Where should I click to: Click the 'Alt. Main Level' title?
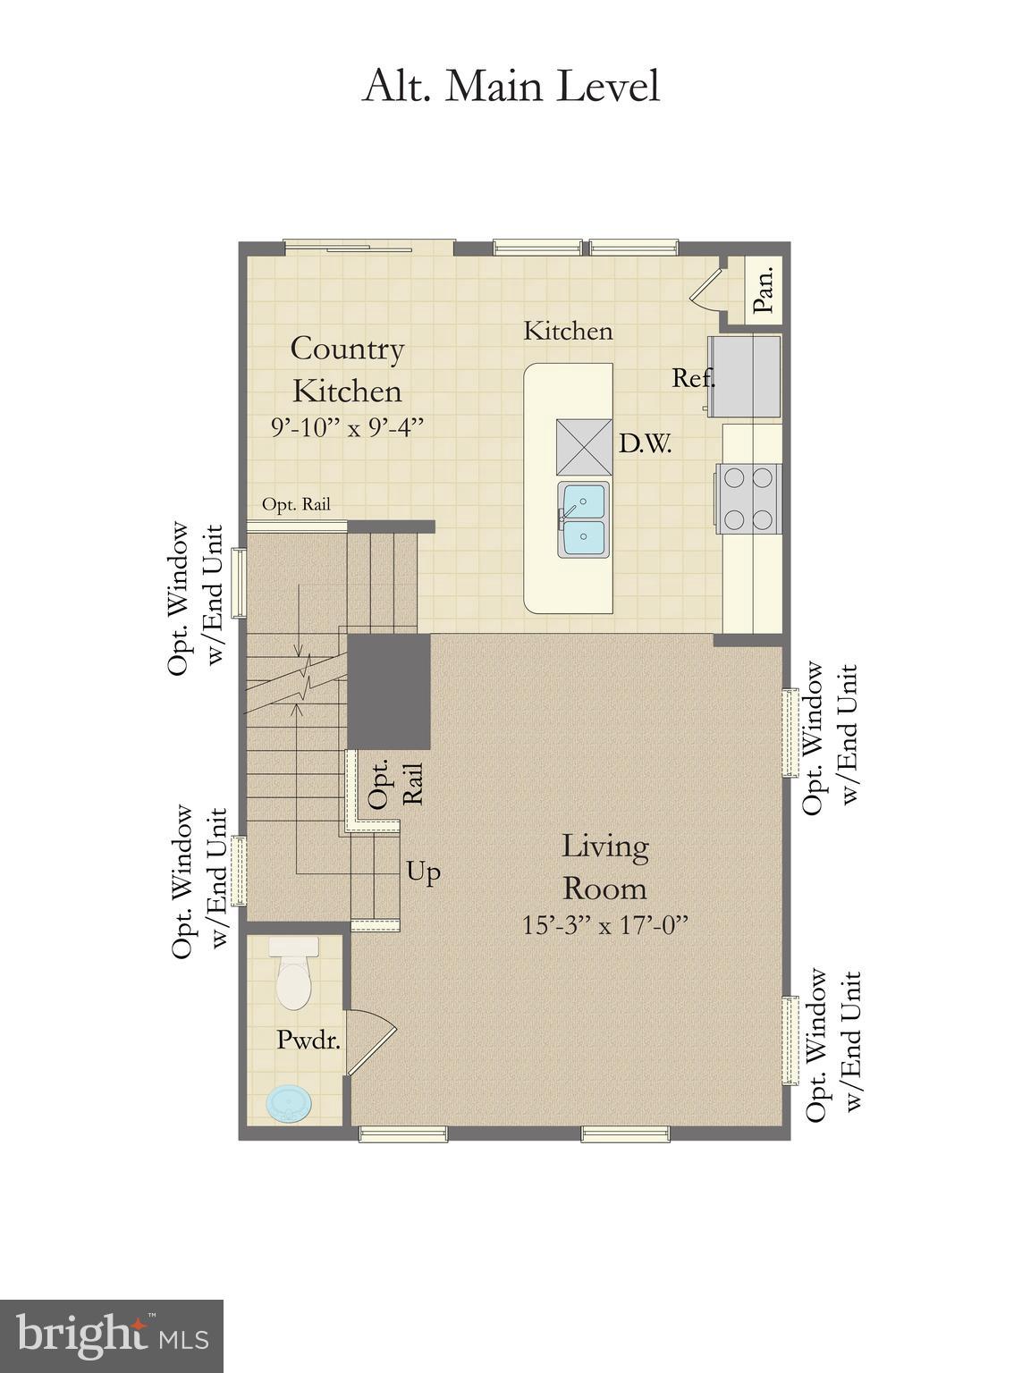(x=511, y=87)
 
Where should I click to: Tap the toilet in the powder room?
(x=293, y=974)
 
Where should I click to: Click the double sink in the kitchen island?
(x=583, y=519)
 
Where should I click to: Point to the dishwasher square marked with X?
(x=585, y=447)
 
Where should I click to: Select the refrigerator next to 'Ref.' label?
(x=745, y=376)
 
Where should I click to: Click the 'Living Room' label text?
(x=604, y=866)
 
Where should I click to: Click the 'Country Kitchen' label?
(x=347, y=369)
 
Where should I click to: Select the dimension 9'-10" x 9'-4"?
(x=347, y=427)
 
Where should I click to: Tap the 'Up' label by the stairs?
(x=424, y=871)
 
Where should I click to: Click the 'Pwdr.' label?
(x=308, y=1040)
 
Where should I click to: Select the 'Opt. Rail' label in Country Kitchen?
(x=296, y=504)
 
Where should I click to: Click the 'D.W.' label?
(x=645, y=444)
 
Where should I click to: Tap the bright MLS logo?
(x=112, y=1336)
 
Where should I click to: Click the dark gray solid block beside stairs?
(x=389, y=691)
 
